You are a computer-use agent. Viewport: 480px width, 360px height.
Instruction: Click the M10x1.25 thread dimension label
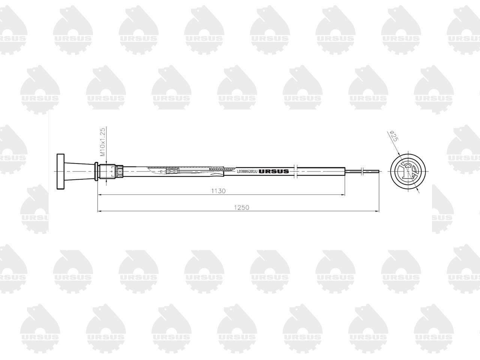point(102,142)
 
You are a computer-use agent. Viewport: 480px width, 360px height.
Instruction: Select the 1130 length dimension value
point(218,191)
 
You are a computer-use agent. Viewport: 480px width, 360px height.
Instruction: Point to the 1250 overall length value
point(242,207)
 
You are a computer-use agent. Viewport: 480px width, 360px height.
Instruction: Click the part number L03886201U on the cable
point(247,171)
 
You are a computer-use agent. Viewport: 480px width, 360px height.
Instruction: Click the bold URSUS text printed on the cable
point(274,171)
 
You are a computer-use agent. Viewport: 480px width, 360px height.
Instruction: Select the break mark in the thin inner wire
point(362,172)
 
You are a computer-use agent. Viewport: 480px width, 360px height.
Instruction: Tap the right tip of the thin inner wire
point(378,172)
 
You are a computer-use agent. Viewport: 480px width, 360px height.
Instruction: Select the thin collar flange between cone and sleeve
point(97,171)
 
